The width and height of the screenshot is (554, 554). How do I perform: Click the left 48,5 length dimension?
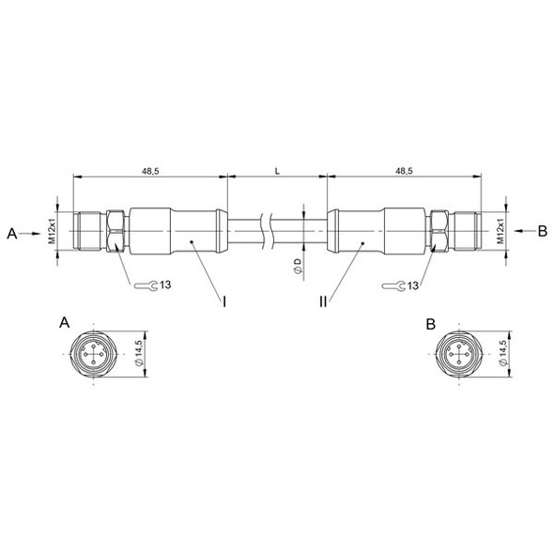149,172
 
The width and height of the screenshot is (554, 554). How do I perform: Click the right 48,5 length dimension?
403,172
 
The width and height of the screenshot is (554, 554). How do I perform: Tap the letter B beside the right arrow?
542,230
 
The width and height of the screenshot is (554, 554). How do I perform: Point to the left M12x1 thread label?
53,231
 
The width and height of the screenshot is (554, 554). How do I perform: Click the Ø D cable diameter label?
297,266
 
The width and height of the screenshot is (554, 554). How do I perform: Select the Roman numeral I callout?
225,302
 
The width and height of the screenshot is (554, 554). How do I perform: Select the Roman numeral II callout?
323,302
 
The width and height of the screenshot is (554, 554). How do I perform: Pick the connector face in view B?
460,355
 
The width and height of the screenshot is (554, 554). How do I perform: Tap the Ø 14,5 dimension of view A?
138,355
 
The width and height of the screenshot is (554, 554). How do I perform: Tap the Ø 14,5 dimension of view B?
503,355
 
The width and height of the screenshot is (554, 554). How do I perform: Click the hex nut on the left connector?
114,231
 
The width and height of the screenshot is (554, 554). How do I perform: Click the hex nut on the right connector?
439,231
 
